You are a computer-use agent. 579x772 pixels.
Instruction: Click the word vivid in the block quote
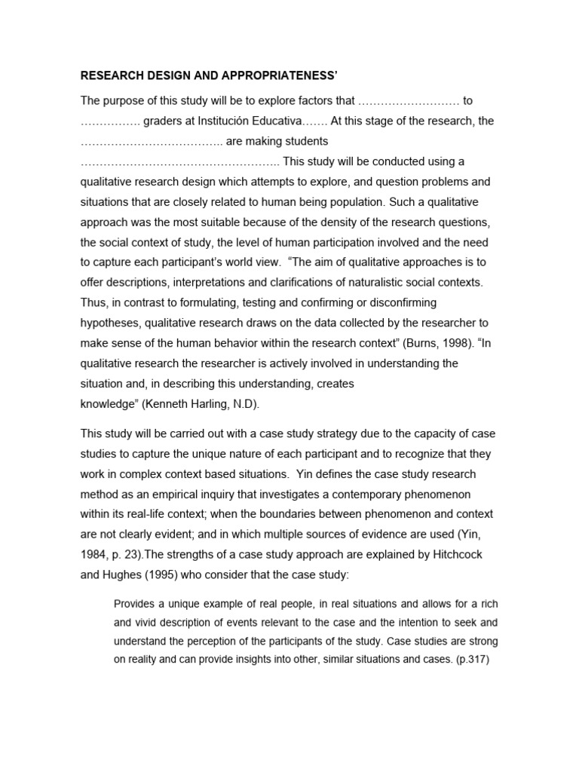tap(148, 623)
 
